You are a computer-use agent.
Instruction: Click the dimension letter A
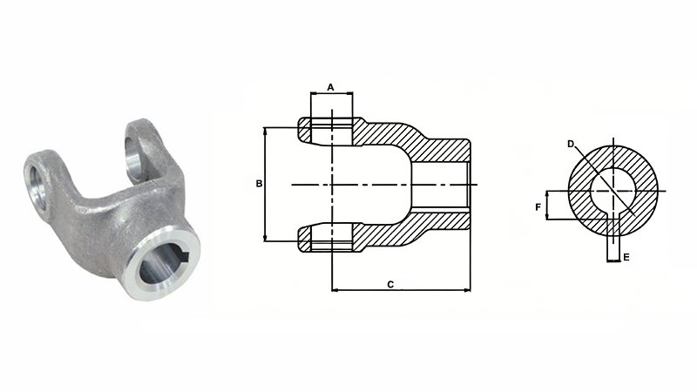coord(331,86)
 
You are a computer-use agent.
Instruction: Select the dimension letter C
coord(391,284)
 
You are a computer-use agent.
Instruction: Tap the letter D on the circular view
coord(571,144)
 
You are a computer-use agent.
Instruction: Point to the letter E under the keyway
coord(626,259)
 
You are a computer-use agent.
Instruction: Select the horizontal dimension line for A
coord(331,93)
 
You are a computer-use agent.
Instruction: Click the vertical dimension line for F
coord(547,206)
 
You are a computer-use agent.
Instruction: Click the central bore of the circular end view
coord(613,191)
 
